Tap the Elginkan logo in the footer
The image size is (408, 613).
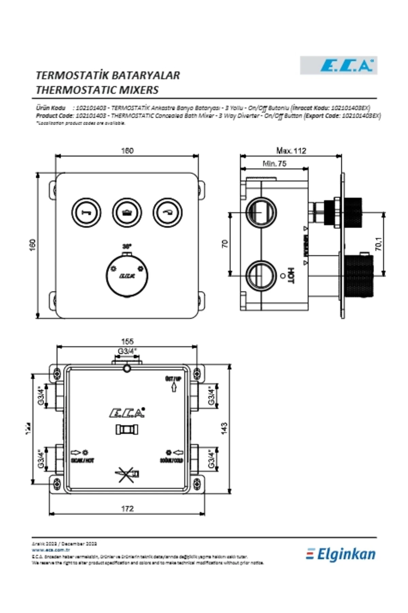(341, 554)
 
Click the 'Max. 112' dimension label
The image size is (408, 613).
(291, 151)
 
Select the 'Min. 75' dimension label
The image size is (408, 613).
(274, 163)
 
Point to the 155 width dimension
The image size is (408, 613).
(127, 341)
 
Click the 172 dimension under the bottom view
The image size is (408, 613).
(127, 509)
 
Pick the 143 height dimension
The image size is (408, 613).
(224, 428)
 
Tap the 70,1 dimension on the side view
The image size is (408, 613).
(379, 244)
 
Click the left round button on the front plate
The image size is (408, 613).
(86, 212)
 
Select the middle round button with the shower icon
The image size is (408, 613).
(127, 212)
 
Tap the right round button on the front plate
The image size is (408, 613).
(167, 212)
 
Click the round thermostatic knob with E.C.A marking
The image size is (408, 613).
(127, 276)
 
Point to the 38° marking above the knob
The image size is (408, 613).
(127, 246)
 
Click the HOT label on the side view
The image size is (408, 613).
(290, 275)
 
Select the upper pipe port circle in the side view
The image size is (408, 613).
(261, 212)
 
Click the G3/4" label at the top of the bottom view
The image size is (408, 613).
(127, 351)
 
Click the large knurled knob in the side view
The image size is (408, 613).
(360, 276)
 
